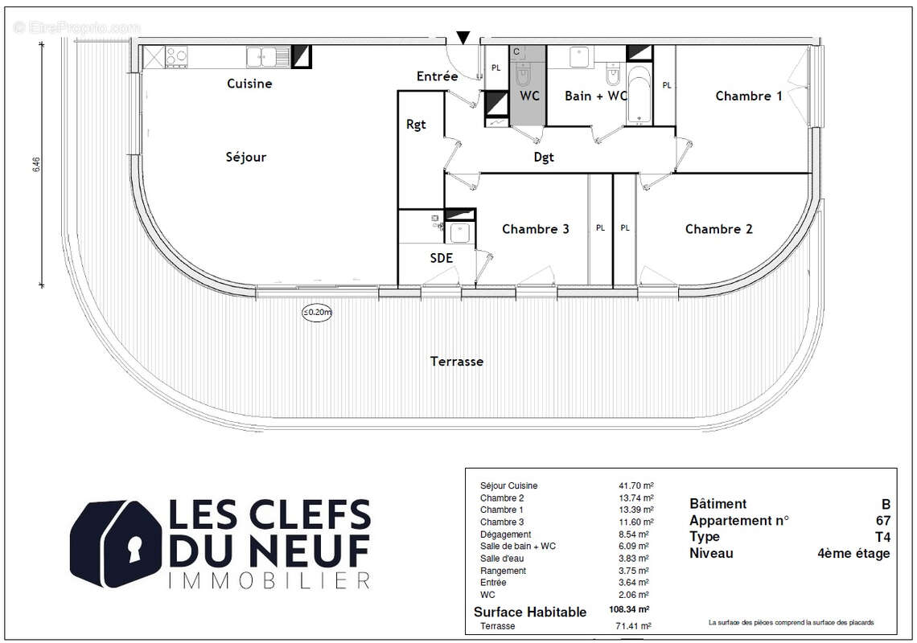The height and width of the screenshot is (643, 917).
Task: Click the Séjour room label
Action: point(245,157)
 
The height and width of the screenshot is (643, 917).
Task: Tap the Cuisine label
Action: point(249,84)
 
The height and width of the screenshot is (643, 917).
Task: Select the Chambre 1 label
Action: point(748,96)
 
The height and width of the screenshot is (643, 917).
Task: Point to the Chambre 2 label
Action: point(718,229)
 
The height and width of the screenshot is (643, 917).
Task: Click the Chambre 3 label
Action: point(535,229)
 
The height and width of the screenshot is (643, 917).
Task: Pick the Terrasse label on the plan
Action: point(457,362)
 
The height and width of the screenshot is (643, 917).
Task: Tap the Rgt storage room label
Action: point(416,125)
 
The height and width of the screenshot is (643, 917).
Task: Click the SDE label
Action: point(441,258)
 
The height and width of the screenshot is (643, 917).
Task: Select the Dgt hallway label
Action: point(544,158)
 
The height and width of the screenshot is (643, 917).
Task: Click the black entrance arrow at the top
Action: point(463,37)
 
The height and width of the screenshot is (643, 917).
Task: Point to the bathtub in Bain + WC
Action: point(638,96)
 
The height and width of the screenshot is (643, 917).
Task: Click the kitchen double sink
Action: point(269,55)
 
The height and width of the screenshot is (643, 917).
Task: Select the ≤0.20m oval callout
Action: point(318,313)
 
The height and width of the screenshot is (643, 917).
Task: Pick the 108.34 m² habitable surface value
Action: point(631,611)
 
